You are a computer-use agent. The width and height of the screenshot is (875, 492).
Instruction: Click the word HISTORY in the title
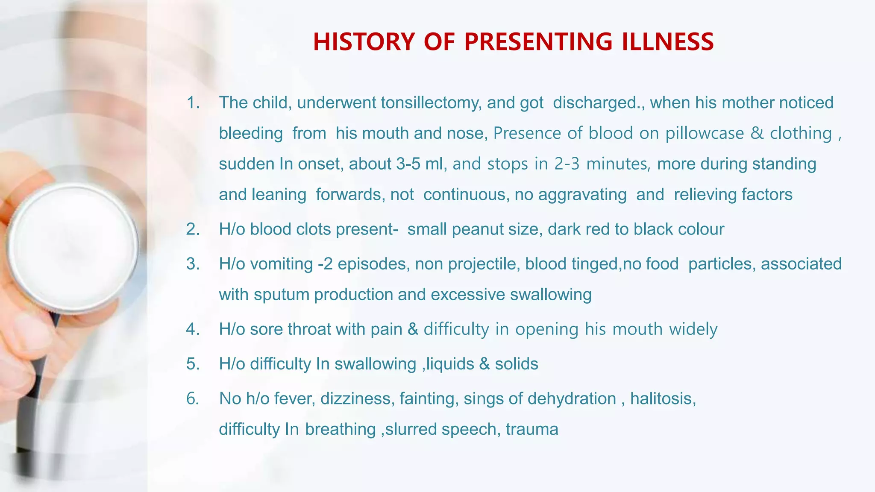[364, 42]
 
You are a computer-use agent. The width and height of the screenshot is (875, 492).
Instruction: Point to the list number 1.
[193, 103]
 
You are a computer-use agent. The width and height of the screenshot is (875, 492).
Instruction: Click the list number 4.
[193, 329]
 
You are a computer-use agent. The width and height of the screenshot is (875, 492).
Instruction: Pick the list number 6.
[193, 398]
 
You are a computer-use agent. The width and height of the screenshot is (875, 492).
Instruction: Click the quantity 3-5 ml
[419, 164]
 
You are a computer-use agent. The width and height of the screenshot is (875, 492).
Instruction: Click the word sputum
[281, 295]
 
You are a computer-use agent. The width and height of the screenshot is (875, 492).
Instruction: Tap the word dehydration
[572, 398]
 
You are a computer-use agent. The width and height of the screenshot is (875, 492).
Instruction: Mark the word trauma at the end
[532, 429]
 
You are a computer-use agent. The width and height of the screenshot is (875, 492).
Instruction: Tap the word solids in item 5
[517, 364]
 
